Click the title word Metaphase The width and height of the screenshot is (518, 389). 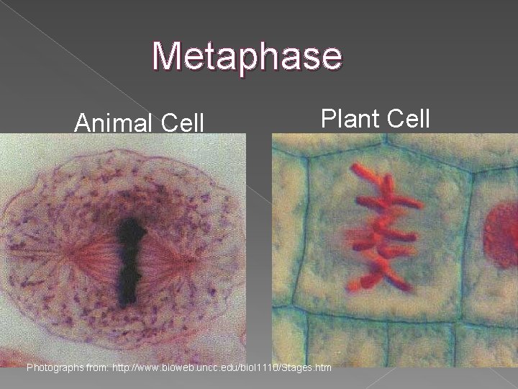point(247,57)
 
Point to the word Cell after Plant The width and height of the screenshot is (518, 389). point(407,117)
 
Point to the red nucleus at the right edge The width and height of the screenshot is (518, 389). point(503,233)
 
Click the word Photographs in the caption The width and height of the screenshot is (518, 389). point(56,368)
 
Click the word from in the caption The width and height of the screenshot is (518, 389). point(99,368)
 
